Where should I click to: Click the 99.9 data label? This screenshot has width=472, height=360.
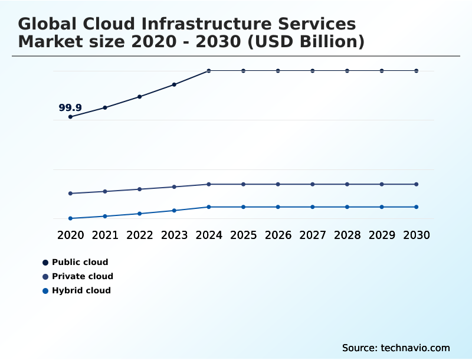[70, 108]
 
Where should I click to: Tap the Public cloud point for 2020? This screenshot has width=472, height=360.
[70, 117]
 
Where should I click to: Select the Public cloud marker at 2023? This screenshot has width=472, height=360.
[174, 84]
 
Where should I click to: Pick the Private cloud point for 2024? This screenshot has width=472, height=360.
[209, 184]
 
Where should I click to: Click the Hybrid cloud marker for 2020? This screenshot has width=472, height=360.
[70, 218]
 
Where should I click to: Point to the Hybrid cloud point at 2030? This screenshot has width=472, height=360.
[416, 207]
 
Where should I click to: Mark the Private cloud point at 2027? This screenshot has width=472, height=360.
[313, 184]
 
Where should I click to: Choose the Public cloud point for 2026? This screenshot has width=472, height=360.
[278, 71]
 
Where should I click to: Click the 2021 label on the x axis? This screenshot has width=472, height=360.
[105, 235]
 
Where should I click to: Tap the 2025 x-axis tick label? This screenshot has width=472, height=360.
[243, 235]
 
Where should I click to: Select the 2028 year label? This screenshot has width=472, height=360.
[347, 235]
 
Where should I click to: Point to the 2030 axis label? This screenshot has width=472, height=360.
[416, 235]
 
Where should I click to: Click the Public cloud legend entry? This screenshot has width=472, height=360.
[80, 262]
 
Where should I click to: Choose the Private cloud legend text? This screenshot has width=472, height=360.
[83, 276]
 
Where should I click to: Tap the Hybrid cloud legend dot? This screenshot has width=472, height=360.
[45, 290]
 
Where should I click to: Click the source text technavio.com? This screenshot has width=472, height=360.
[416, 348]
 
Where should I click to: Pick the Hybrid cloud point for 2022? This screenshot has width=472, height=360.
[140, 214]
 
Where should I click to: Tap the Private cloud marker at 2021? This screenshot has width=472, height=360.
[105, 191]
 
